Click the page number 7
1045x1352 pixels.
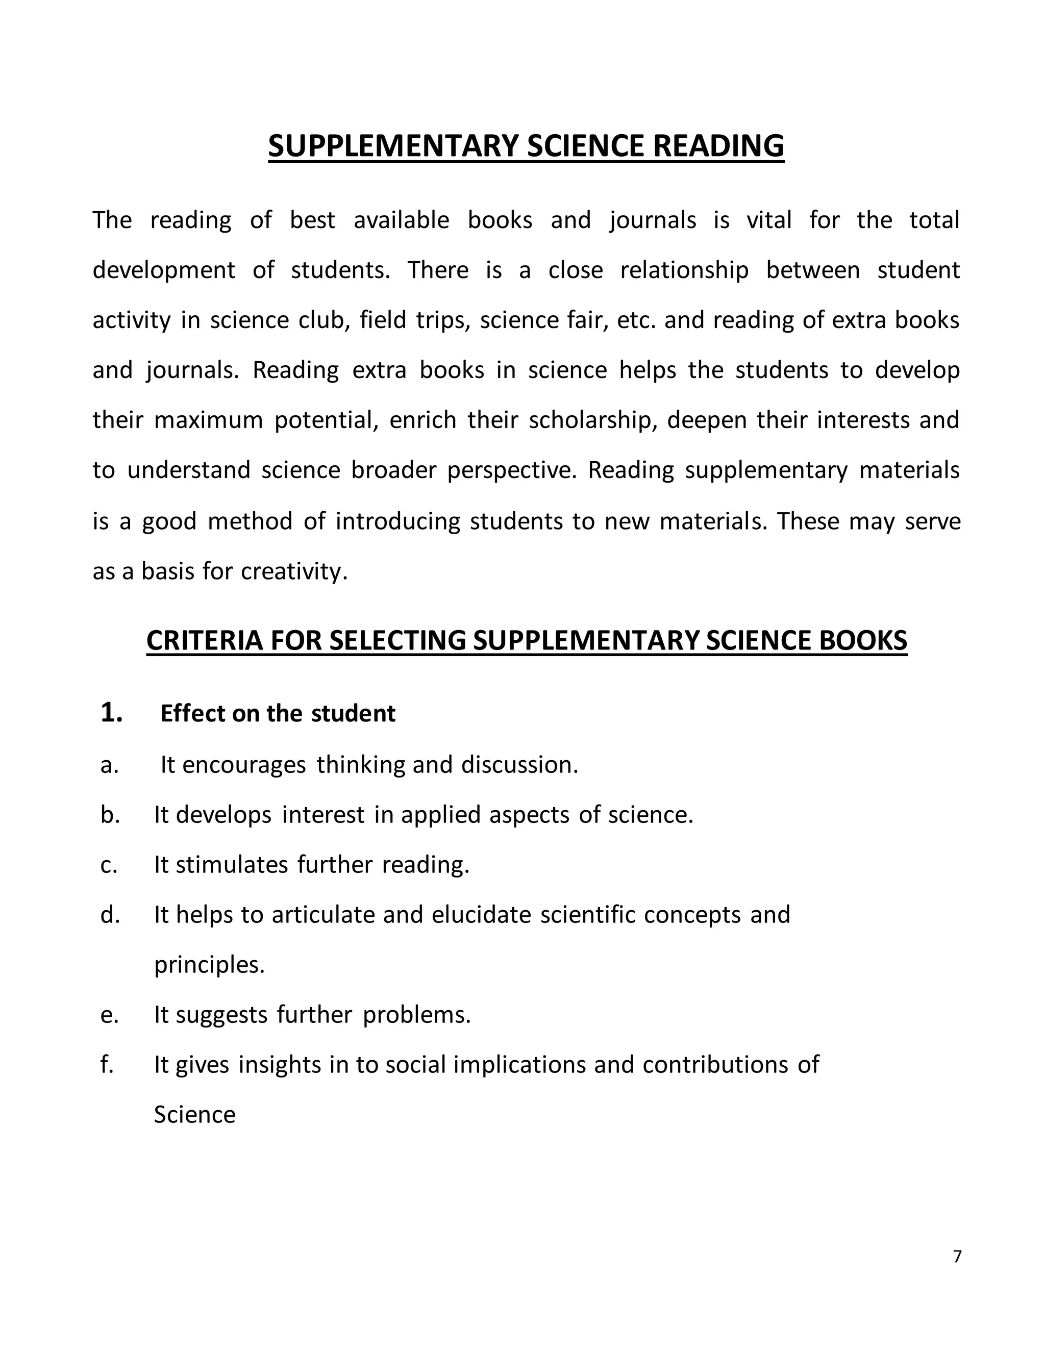point(957,1256)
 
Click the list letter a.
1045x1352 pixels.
point(109,765)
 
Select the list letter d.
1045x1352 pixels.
point(110,914)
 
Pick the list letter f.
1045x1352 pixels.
point(107,1064)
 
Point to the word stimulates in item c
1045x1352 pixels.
point(232,865)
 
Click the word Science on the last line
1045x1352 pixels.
point(194,1115)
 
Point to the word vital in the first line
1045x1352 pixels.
point(769,220)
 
